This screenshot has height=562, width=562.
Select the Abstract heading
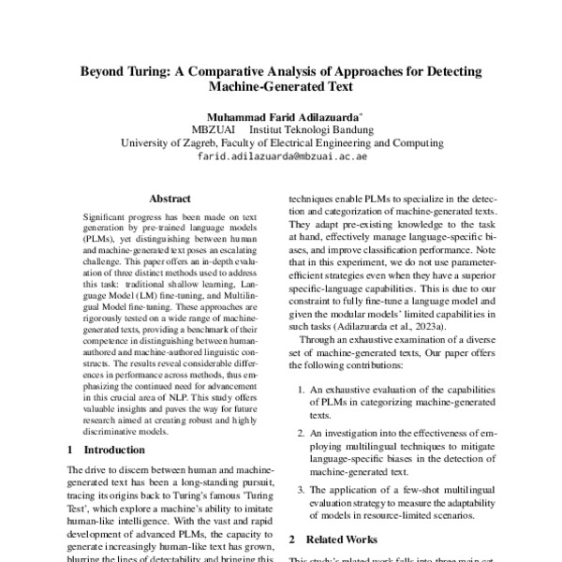click(x=170, y=199)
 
